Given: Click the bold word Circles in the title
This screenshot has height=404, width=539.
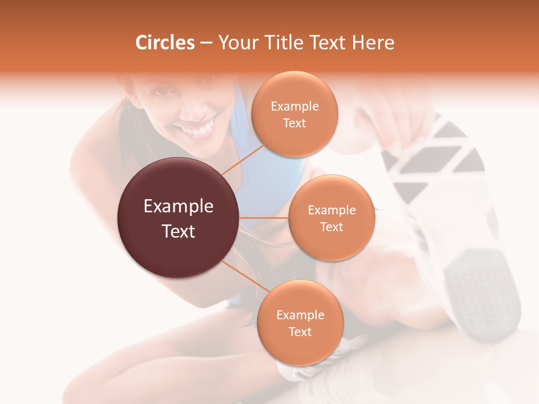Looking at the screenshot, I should pos(165,43).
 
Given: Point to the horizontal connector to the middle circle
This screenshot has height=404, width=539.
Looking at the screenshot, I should pos(264,218).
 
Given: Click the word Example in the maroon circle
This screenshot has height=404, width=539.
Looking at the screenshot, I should pos(178,206).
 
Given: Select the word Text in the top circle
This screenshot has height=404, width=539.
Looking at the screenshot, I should pos(294,123).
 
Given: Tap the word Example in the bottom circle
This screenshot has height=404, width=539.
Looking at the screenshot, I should pos(300,315).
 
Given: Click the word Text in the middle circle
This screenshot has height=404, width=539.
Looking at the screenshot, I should pos(331,227).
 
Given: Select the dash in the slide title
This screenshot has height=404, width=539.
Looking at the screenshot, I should pos(205,43).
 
